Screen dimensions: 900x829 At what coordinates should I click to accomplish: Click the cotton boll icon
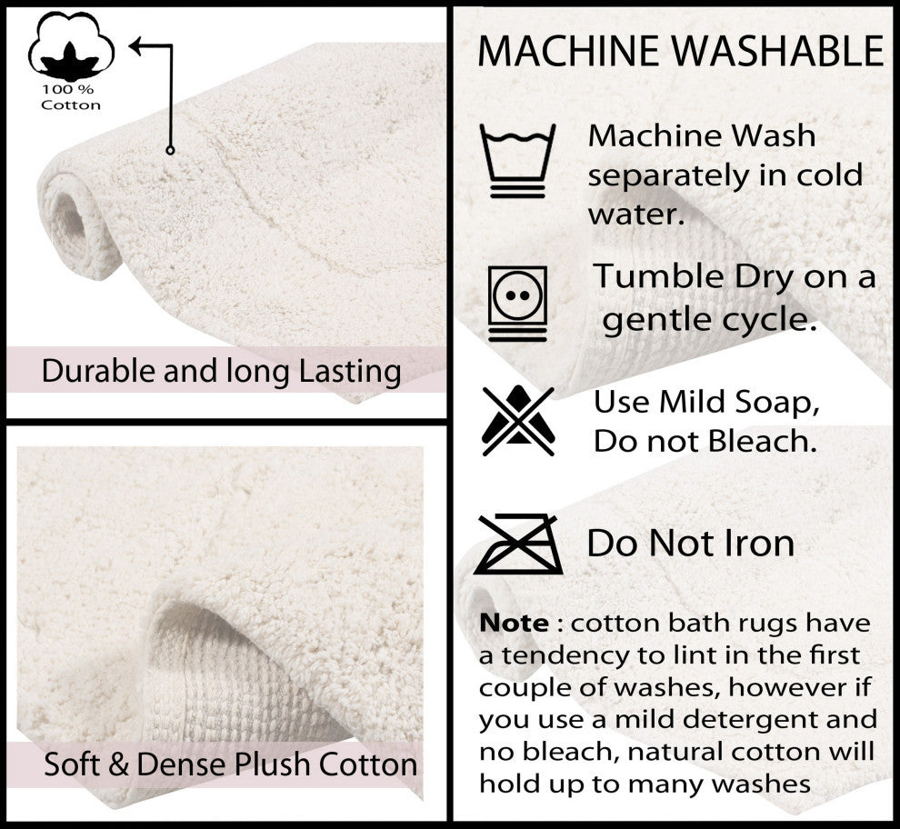71,46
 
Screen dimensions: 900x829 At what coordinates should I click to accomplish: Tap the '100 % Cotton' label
71,97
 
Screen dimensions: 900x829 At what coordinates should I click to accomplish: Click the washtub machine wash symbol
518,161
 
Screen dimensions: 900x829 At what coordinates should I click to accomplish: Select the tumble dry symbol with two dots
518,303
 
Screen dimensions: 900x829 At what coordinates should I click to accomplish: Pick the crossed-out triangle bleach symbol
518,420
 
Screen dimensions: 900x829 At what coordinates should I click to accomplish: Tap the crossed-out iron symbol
518,544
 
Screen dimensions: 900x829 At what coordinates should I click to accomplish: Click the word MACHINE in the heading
569,51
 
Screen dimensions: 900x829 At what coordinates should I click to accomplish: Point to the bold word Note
514,623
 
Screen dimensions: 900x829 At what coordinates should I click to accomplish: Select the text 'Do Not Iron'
691,543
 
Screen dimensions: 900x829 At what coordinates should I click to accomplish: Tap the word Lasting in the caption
350,372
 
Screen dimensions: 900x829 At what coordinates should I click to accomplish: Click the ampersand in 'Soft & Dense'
118,764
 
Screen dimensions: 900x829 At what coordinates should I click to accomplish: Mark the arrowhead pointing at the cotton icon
135,46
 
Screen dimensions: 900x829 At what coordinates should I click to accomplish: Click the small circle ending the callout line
170,150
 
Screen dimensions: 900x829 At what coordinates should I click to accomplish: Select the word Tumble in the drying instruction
658,276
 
